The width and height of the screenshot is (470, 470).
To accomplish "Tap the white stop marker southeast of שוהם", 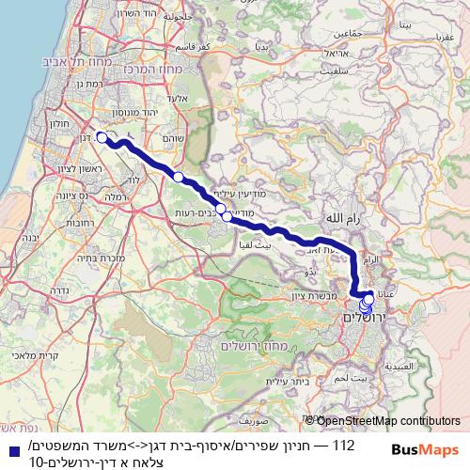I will point(178,176).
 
